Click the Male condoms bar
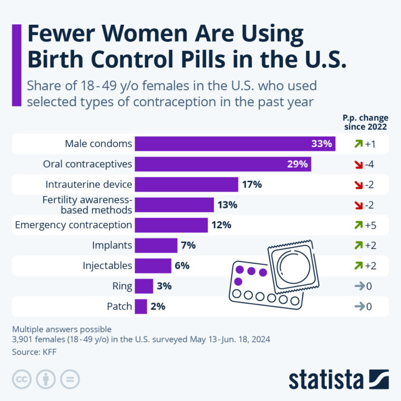[234, 143]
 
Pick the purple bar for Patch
[141, 307]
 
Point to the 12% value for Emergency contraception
[221, 225]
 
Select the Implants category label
[112, 245]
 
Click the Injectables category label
[108, 266]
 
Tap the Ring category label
[123, 286]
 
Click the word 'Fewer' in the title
[63, 36]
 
